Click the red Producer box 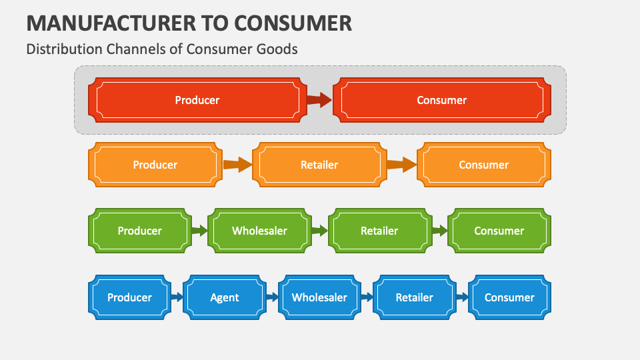(x=197, y=100)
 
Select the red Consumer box (x=442, y=100)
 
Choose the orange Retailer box (x=319, y=165)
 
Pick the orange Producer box (x=155, y=165)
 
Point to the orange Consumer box (x=484, y=165)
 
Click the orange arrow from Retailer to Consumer (x=402, y=165)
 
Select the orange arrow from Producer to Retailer (x=237, y=165)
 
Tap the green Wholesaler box (x=259, y=231)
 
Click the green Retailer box (x=379, y=231)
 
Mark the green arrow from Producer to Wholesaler (x=199, y=231)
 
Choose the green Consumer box (x=499, y=231)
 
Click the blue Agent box (x=225, y=297)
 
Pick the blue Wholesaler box (x=319, y=297)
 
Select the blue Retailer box (x=415, y=297)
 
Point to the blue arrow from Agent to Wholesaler (x=272, y=297)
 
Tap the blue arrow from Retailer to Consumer (x=462, y=297)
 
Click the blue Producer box (x=129, y=297)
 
